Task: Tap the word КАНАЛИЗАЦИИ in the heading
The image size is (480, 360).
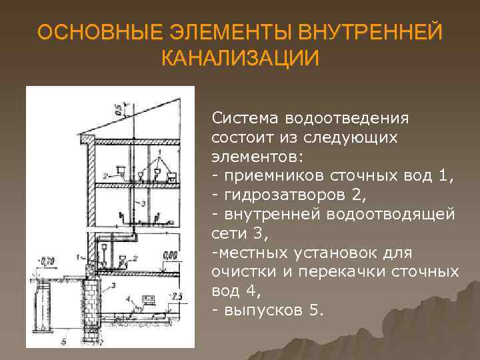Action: pyautogui.click(x=240, y=57)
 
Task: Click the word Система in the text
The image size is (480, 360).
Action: pyautogui.click(x=245, y=119)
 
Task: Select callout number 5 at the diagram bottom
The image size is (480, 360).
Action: pyautogui.click(x=64, y=341)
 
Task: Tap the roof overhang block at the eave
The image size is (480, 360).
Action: pyautogui.click(x=85, y=138)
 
